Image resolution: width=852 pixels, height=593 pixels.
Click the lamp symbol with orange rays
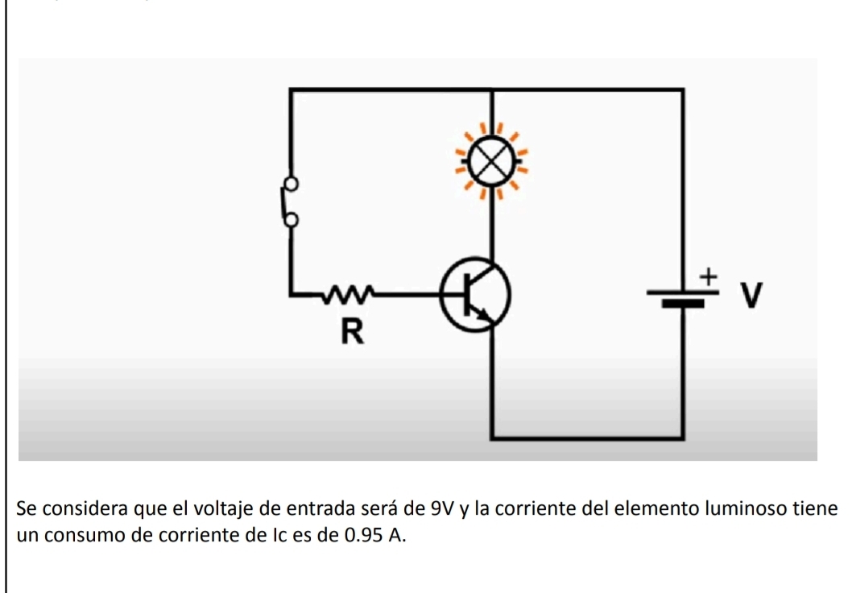pos(490,160)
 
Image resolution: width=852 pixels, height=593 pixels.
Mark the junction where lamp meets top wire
pos(491,91)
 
